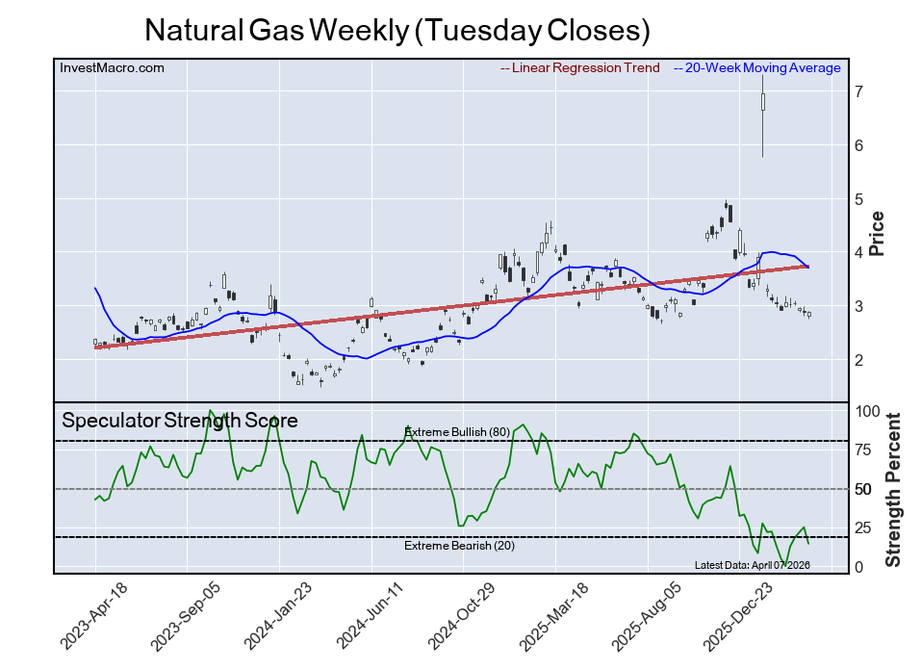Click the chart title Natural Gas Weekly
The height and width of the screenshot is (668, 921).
[x=397, y=31]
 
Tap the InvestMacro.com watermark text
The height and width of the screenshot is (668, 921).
[x=112, y=68]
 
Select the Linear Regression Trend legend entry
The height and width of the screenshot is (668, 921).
[x=580, y=68]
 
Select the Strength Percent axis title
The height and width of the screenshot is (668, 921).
[x=893, y=489]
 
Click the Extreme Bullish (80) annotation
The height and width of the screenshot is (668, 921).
[x=457, y=432]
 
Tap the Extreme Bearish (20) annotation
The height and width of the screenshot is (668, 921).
[x=457, y=547]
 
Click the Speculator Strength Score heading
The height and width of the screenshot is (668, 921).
[x=180, y=421]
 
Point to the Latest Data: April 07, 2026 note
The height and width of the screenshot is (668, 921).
[x=752, y=565]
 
